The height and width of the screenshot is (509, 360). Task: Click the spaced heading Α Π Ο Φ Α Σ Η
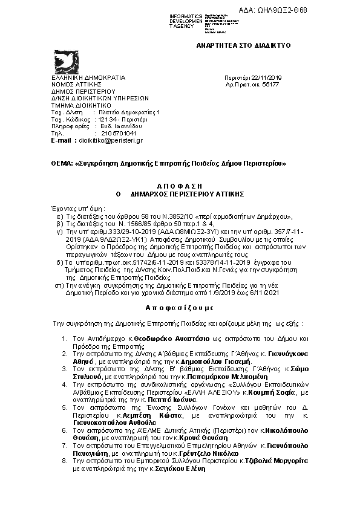[179, 187]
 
